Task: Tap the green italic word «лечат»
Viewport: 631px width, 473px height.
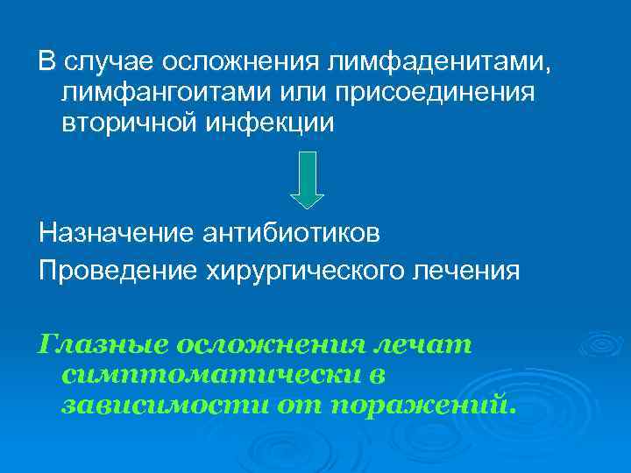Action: pos(429,344)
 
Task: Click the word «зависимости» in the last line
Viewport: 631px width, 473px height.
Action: pos(162,405)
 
